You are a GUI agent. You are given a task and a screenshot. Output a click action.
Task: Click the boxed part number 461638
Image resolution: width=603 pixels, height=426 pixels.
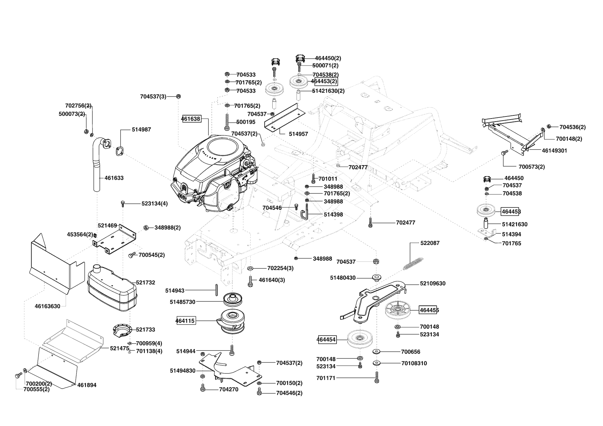click(x=191, y=119)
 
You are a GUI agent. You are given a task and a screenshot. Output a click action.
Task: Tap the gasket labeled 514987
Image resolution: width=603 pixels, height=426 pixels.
click(x=119, y=151)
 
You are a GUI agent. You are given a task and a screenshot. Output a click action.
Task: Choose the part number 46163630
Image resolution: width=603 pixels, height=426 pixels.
click(x=47, y=306)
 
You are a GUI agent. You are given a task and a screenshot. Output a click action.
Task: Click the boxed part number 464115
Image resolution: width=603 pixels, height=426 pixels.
click(x=185, y=321)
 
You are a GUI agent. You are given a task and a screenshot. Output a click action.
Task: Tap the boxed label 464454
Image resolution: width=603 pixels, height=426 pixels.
click(x=326, y=340)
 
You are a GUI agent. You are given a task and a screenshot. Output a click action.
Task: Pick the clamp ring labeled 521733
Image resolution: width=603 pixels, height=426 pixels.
click(x=122, y=330)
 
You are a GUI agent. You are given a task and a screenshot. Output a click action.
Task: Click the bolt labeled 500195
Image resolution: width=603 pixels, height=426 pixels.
click(x=227, y=122)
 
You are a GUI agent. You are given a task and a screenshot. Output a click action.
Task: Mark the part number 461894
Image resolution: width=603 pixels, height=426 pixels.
click(x=87, y=385)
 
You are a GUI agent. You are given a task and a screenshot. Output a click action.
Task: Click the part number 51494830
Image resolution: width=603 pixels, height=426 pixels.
click(x=183, y=371)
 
